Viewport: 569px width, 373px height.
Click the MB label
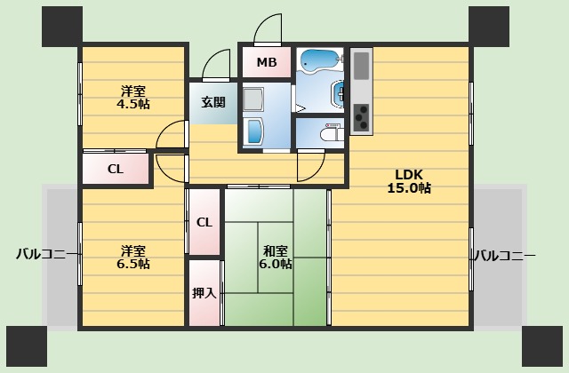coord(266,62)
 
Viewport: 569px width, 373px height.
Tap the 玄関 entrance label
coord(213,102)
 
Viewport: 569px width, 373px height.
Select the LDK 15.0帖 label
coord(409,180)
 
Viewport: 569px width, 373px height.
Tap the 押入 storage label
coord(204,292)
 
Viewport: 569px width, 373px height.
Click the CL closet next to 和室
coord(204,222)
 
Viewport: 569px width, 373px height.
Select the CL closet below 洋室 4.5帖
coord(116,169)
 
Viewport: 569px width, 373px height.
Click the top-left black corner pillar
coord(60,27)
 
